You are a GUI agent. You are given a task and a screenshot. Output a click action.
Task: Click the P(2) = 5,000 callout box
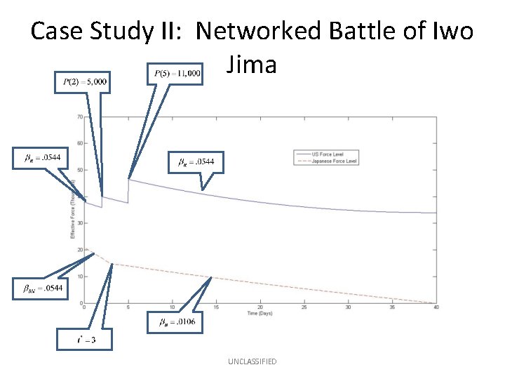pyautogui.click(x=81, y=82)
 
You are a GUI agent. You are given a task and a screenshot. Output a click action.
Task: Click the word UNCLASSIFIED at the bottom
pyautogui.click(x=252, y=361)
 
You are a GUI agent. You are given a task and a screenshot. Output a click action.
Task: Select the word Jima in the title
pyautogui.click(x=252, y=65)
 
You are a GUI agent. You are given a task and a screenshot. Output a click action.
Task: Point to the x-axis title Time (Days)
pyautogui.click(x=260, y=313)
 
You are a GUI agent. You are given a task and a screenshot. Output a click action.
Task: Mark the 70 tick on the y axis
pyautogui.click(x=80, y=117)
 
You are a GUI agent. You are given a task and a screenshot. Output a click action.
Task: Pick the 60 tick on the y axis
pyautogui.click(x=80, y=143)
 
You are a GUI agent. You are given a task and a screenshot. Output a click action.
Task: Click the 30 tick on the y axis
pyautogui.click(x=80, y=223)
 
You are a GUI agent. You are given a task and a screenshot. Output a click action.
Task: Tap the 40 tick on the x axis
pyautogui.click(x=436, y=307)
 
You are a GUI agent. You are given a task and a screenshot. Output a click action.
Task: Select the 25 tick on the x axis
pyautogui.click(x=304, y=307)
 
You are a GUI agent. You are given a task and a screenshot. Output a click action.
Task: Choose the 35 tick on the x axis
pyautogui.click(x=392, y=307)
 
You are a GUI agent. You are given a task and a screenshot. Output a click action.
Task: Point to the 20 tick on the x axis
pyautogui.click(x=260, y=307)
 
